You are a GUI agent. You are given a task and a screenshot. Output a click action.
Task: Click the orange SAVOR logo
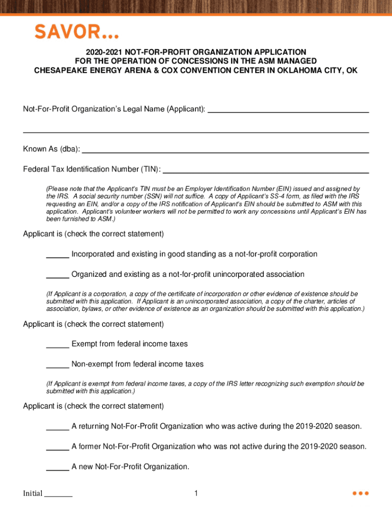76,33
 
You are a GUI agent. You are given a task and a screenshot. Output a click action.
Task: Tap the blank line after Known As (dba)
225,152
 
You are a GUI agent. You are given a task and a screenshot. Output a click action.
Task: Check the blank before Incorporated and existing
58,256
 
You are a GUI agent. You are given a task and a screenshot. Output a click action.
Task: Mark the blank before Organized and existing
58,277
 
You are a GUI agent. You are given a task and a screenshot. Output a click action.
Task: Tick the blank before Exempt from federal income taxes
58,346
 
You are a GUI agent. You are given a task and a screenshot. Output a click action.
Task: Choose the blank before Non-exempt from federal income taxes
58,367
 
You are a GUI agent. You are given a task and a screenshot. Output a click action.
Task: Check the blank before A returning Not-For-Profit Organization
58,428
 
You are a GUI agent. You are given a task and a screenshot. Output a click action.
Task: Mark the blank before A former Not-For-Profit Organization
58,449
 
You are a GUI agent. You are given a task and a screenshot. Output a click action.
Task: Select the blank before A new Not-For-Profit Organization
58,469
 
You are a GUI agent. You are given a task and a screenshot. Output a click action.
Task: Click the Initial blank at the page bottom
59,495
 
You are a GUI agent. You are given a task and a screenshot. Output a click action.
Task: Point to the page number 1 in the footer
195,493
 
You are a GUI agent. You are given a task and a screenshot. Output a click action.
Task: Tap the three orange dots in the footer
360,493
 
